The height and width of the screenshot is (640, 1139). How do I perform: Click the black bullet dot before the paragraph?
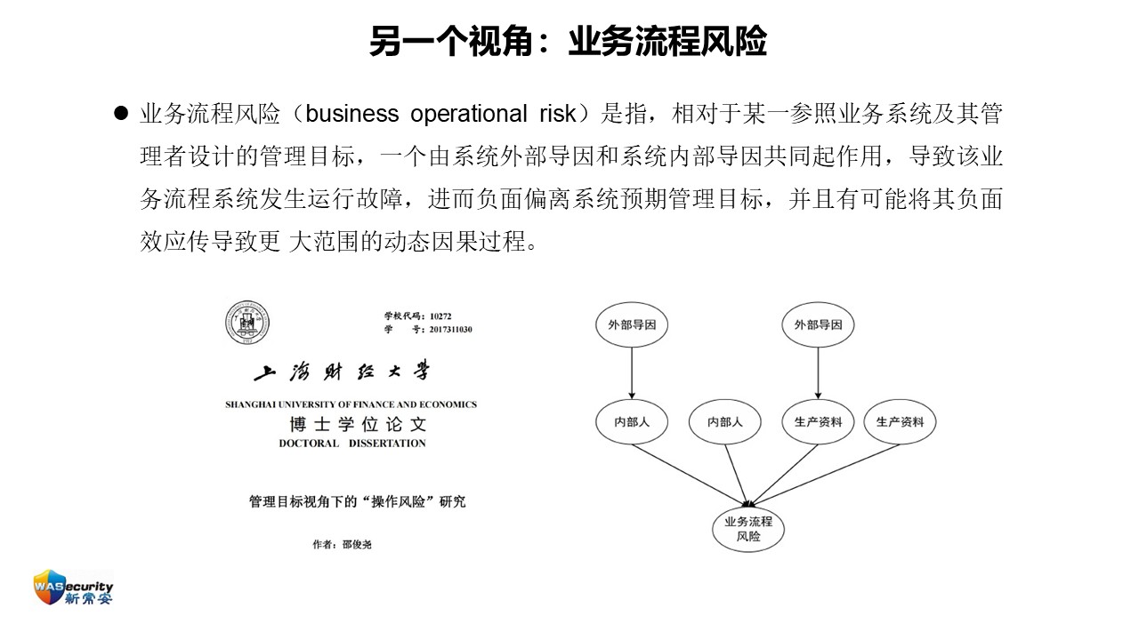click(121, 113)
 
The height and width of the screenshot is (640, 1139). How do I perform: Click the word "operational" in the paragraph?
click(468, 114)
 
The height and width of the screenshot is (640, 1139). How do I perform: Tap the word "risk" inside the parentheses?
click(558, 113)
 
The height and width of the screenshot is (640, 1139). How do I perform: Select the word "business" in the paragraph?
click(351, 113)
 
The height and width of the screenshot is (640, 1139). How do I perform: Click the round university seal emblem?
click(247, 323)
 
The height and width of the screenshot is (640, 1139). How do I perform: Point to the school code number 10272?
click(440, 316)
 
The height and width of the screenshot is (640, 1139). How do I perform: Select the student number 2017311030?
click(450, 330)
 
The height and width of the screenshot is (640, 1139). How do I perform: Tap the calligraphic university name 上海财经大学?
click(343, 372)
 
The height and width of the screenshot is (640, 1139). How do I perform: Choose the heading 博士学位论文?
click(358, 424)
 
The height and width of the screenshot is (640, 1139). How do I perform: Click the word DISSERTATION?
click(387, 444)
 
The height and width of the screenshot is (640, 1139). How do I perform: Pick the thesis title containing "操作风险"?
click(358, 502)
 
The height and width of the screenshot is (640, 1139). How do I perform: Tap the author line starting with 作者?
click(343, 545)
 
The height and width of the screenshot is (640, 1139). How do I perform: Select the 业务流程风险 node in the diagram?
click(748, 529)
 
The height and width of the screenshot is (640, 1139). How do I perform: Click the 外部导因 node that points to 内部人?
click(632, 325)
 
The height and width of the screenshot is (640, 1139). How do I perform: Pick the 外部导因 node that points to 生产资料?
click(818, 325)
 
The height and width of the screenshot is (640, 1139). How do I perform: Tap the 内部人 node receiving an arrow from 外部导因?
click(632, 421)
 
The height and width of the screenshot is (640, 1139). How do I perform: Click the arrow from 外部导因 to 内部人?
click(632, 373)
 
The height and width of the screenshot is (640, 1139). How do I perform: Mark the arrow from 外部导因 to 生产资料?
click(818, 373)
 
